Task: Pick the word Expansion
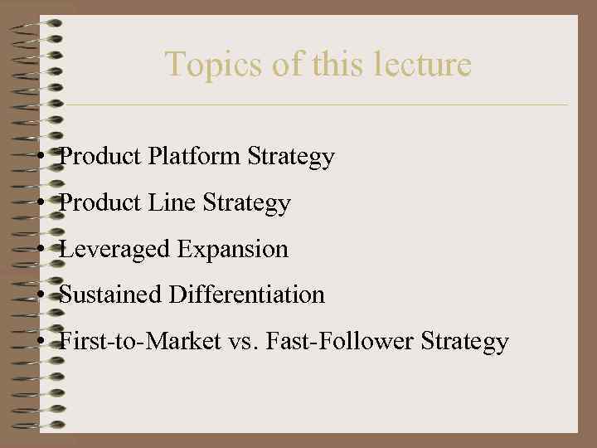233,249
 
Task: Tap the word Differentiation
247,295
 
